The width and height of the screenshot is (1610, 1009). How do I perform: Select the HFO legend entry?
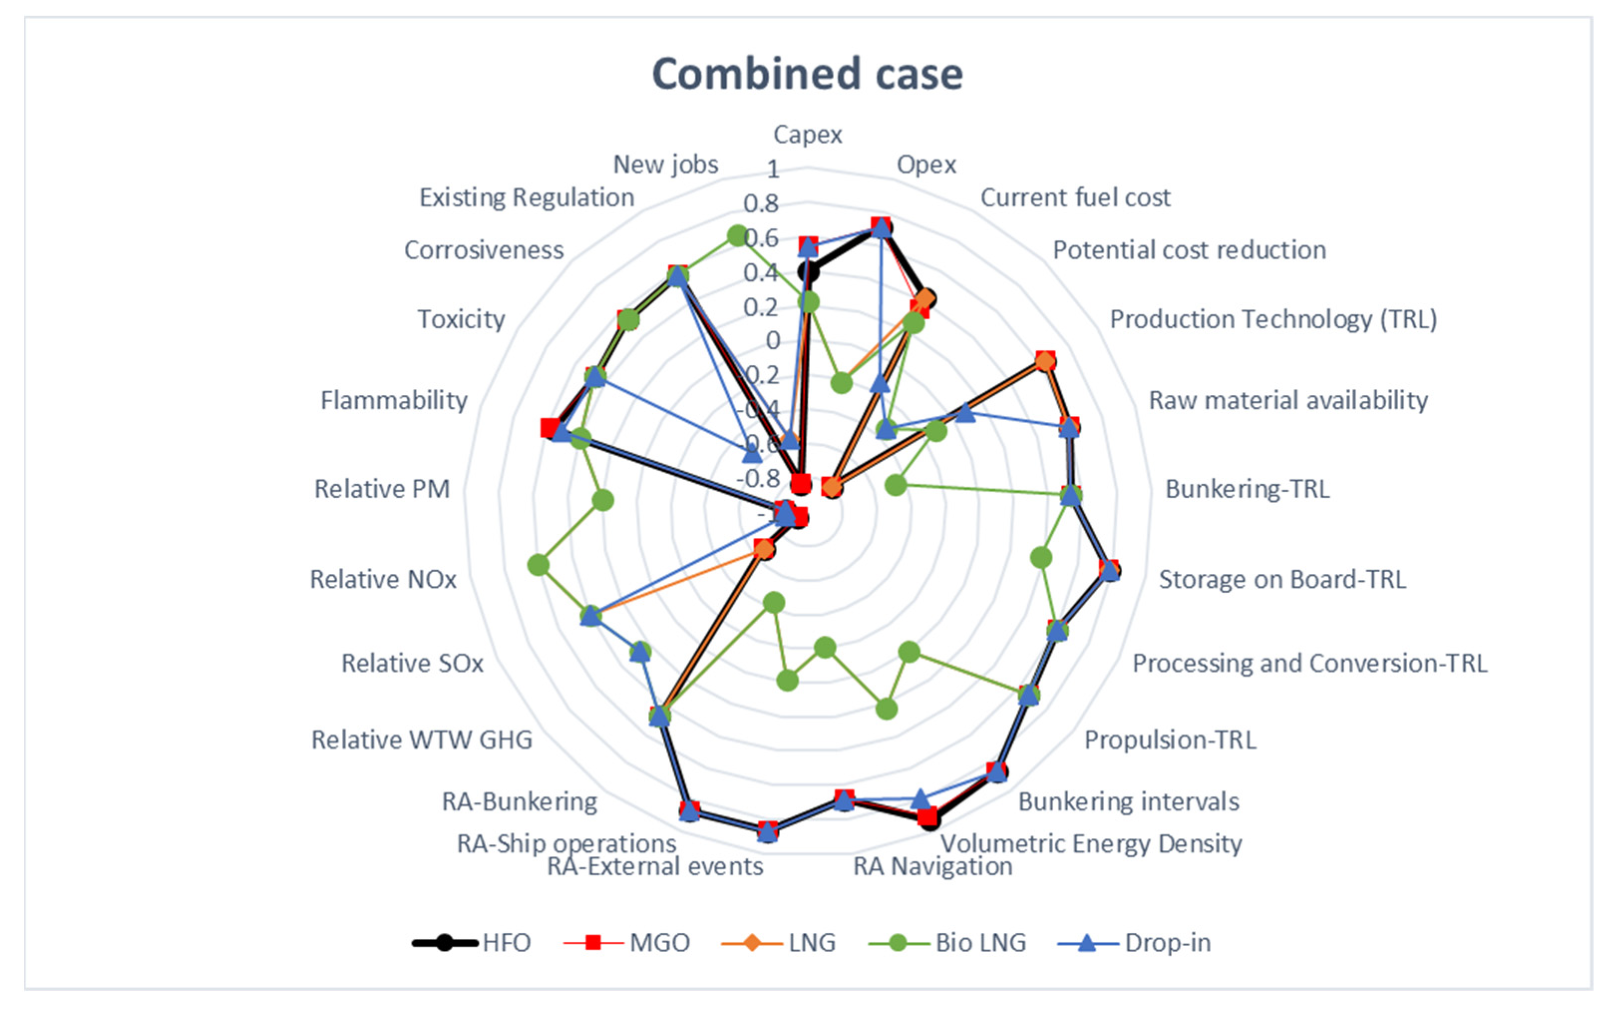pos(472,943)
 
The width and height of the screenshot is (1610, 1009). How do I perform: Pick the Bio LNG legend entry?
pos(948,943)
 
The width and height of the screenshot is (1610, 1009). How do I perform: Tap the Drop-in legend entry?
pos(1134,943)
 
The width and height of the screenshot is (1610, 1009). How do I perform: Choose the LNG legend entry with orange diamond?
pos(779,943)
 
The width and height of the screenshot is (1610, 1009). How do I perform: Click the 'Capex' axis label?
pos(807,135)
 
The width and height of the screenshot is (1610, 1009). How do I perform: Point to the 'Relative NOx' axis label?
pos(383,579)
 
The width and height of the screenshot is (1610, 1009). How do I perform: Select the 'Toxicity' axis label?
pos(461,319)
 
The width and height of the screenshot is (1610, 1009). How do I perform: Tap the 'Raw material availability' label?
pos(1288,400)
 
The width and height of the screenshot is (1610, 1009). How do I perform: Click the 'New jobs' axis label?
pos(665,164)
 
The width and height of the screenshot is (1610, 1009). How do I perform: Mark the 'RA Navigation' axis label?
pos(933,866)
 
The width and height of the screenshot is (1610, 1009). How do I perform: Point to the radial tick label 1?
pos(773,169)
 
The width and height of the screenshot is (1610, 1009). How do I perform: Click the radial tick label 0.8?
pos(761,203)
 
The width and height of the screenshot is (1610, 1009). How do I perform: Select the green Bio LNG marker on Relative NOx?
pos(538,565)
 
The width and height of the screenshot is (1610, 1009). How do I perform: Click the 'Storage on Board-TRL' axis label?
pos(1282,579)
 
